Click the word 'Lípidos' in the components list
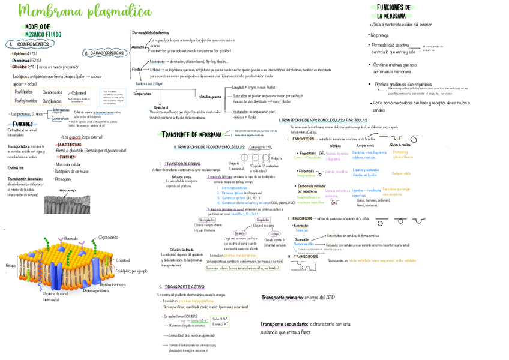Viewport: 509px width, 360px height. (18, 54)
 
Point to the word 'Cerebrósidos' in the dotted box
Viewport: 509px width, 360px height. (53, 92)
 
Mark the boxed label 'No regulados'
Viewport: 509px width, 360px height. (206, 220)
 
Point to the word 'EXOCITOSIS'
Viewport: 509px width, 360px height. (303, 218)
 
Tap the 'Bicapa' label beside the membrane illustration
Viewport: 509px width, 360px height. (11, 265)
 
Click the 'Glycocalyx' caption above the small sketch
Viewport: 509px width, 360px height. (67, 190)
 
